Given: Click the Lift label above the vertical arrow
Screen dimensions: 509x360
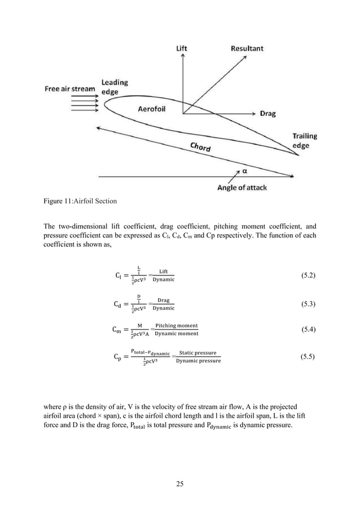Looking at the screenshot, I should [x=182, y=49].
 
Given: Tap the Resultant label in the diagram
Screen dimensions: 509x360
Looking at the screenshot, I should [x=247, y=49].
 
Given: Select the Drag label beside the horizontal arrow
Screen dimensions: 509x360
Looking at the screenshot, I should [x=267, y=113].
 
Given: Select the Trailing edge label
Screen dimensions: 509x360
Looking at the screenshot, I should [x=304, y=141].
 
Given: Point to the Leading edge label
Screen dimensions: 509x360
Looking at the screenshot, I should [x=115, y=86].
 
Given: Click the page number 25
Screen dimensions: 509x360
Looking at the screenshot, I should [x=179, y=484].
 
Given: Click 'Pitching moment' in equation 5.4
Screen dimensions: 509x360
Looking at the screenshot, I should [x=177, y=326].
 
